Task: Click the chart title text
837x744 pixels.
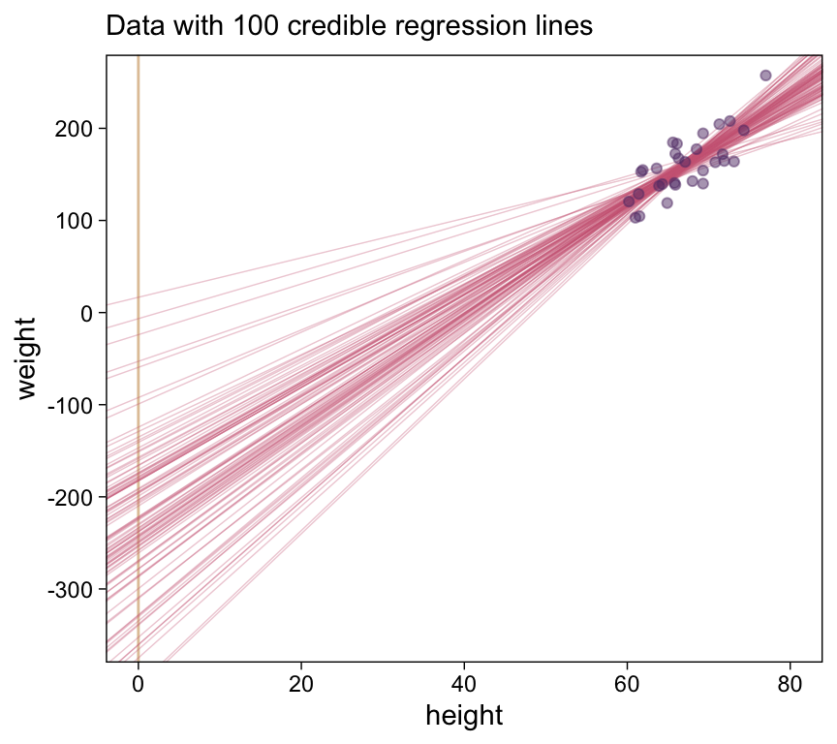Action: [x=349, y=26]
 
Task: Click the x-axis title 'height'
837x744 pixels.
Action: [x=464, y=716]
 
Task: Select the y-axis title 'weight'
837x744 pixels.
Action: [x=26, y=357]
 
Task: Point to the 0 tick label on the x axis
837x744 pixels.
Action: [x=139, y=682]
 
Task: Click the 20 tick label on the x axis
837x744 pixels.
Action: [x=301, y=682]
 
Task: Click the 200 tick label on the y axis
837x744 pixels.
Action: [x=74, y=129]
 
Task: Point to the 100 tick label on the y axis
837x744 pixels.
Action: [x=74, y=221]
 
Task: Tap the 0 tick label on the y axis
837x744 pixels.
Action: [x=87, y=313]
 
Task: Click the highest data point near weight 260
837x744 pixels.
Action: [x=765, y=76]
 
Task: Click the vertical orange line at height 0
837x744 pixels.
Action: [x=139, y=387]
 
